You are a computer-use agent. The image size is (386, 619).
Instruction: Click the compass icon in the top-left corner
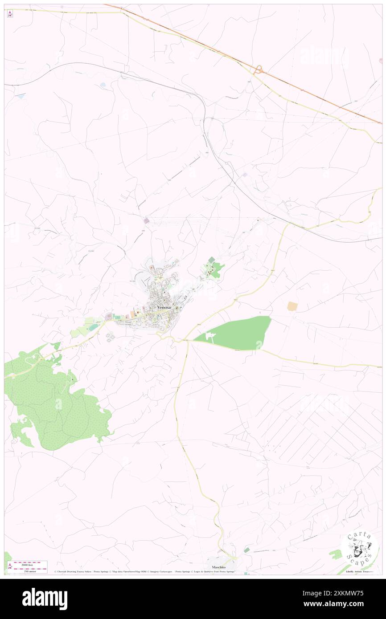(10, 14)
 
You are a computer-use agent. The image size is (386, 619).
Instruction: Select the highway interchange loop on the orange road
(258, 69)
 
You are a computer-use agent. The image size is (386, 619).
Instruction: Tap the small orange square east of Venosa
(292, 306)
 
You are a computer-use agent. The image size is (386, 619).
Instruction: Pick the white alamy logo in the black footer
(45, 599)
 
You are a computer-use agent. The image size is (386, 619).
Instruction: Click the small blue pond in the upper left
(103, 84)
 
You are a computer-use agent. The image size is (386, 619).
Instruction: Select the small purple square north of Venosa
(147, 220)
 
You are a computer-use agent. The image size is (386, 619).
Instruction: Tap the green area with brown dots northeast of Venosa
(213, 268)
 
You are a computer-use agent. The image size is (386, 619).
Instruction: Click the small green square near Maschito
(247, 550)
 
